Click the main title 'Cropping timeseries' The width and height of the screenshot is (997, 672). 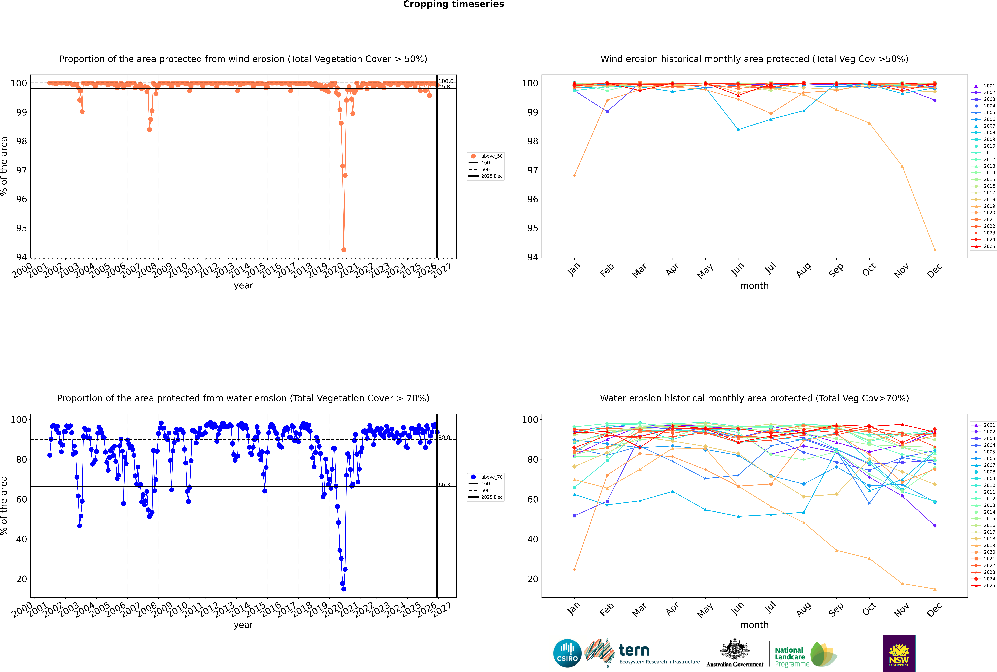coord(453,4)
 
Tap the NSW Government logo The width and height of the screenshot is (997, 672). coord(899,653)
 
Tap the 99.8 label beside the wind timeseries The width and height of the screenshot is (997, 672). coord(444,87)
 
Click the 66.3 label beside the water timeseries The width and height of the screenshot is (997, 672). coord(444,485)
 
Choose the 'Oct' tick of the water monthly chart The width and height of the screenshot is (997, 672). coord(869,609)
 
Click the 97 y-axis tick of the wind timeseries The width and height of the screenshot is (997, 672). coord(21,170)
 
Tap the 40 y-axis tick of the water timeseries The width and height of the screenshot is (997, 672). coord(21,539)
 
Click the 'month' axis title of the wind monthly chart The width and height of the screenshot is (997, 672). coord(754,286)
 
